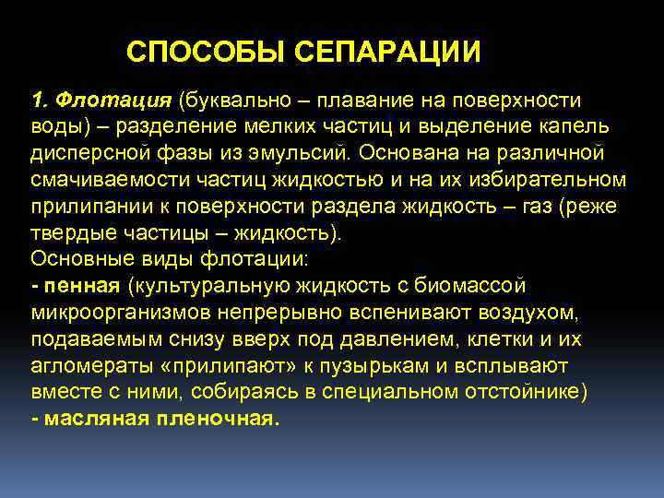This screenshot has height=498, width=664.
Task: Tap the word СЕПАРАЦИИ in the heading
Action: click(x=388, y=52)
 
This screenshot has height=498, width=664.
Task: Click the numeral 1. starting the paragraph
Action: click(x=40, y=99)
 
